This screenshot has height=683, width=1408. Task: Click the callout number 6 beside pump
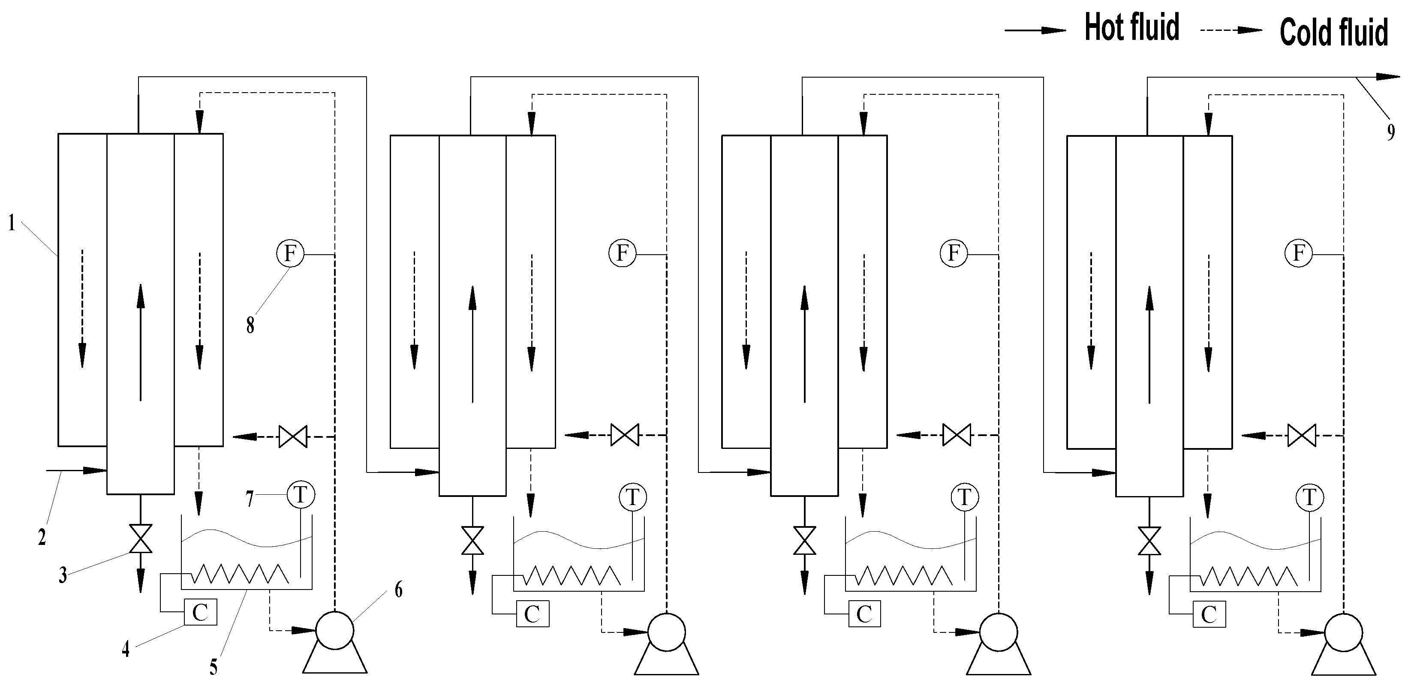tap(398, 590)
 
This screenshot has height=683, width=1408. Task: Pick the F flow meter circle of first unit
tap(290, 253)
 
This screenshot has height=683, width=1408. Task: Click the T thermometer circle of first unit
tap(301, 495)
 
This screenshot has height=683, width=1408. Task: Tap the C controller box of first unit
tap(200, 612)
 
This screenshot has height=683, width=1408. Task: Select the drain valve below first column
tap(141, 539)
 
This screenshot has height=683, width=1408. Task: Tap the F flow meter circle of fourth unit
tap(1299, 253)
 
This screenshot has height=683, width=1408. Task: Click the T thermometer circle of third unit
tap(964, 497)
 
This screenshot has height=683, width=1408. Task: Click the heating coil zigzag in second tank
tap(572, 575)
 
